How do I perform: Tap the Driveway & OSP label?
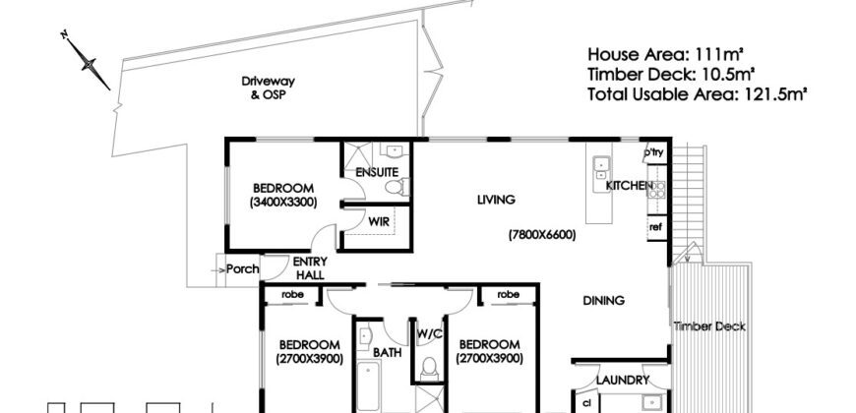pyautogui.click(x=268, y=88)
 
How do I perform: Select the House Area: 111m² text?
pyautogui.click(x=666, y=54)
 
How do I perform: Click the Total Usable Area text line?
pyautogui.click(x=698, y=94)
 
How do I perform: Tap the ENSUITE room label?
pyautogui.click(x=377, y=172)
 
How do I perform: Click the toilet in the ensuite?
pyautogui.click(x=397, y=187)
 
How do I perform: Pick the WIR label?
pyautogui.click(x=379, y=222)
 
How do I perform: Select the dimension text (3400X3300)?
pyautogui.click(x=283, y=203)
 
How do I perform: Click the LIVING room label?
pyautogui.click(x=496, y=200)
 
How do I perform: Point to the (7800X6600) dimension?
pyautogui.click(x=542, y=235)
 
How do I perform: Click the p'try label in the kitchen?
pyautogui.click(x=653, y=152)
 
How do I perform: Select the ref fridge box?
pyautogui.click(x=656, y=227)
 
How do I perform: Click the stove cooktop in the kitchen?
pyautogui.click(x=656, y=190)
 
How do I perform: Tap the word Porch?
pyautogui.click(x=242, y=269)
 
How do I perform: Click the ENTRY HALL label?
pyautogui.click(x=310, y=267)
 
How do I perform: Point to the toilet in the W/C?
pyautogui.click(x=430, y=368)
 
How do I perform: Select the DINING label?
pyautogui.click(x=604, y=301)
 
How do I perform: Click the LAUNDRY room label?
pyautogui.click(x=623, y=381)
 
